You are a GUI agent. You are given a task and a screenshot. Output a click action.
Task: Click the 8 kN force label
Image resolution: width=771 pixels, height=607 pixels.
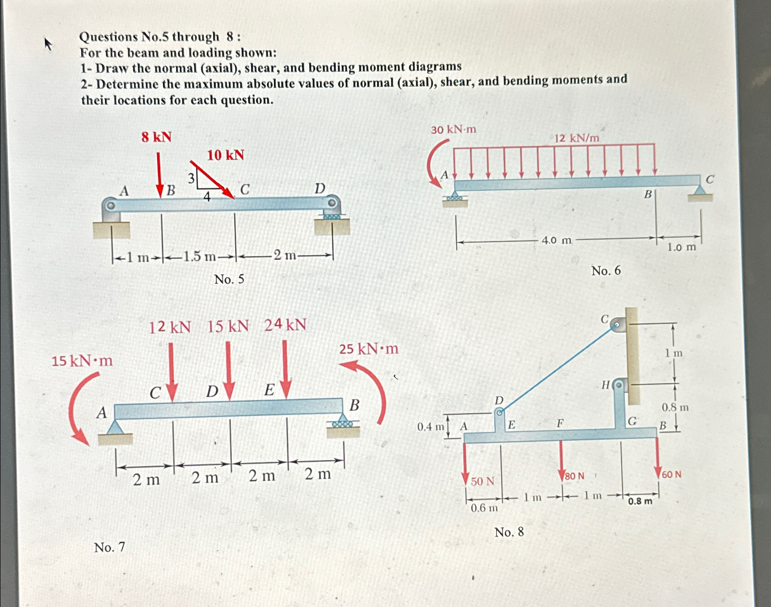point(156,137)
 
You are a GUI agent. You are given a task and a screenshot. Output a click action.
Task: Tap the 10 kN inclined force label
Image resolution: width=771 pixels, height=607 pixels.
point(225,155)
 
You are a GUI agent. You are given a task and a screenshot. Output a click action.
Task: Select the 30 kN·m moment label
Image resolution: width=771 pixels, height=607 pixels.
point(453,130)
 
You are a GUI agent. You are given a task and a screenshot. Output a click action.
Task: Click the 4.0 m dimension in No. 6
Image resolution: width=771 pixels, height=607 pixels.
point(556,240)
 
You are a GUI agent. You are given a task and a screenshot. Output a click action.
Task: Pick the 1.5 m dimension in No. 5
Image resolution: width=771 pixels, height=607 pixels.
point(199,256)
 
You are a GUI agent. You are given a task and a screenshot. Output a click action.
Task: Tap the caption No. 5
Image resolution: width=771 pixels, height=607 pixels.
point(229,279)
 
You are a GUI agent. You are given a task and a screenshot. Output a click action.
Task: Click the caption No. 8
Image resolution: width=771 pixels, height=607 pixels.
point(509,532)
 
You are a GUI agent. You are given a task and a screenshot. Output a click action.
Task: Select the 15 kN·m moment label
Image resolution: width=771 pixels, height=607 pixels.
point(82,361)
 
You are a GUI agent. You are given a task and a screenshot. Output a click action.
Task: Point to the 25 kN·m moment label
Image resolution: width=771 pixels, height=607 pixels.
point(369,349)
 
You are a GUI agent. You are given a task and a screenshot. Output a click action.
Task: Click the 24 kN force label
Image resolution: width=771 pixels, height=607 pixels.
point(285,325)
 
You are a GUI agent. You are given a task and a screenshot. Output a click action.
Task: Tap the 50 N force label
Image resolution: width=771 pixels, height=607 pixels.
point(483,482)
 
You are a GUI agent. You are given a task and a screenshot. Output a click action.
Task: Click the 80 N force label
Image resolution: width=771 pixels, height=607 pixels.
point(574,476)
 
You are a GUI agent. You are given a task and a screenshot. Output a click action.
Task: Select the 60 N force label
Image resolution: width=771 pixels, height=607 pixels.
point(671,474)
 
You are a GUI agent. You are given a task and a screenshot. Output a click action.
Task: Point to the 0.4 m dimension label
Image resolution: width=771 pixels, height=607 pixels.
point(430,427)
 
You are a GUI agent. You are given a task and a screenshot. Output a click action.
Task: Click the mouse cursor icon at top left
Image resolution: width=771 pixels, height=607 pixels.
point(48,44)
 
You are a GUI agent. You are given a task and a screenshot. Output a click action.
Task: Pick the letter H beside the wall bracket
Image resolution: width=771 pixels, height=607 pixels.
point(606,384)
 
